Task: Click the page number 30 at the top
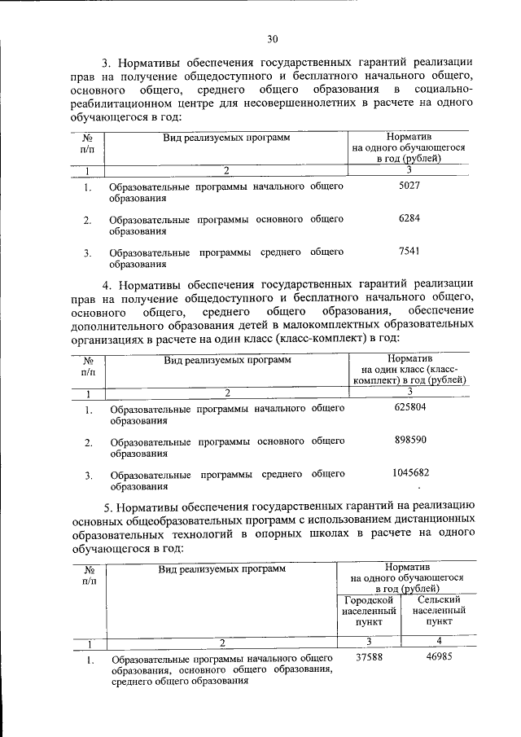[272, 38]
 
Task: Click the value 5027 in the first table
[409, 186]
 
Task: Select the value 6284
[409, 219]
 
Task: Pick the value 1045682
[410, 472]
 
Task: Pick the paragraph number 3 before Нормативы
[105, 63]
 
